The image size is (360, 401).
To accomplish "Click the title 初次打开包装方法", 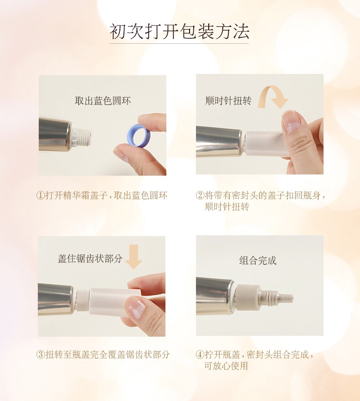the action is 180,31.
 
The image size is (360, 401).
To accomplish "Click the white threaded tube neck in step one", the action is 82,137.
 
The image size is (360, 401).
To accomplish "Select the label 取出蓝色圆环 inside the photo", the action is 103,101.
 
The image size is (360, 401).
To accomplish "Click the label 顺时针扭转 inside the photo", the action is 228,100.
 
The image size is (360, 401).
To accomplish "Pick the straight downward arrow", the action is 134,256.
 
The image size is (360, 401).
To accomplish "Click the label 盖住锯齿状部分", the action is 90,259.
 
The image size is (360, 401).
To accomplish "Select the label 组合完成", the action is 258,260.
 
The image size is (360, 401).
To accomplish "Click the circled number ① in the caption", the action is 41,195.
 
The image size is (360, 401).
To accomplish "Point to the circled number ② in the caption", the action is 200,195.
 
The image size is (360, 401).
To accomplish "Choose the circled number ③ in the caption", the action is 41,354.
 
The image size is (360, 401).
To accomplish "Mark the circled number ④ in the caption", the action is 200,354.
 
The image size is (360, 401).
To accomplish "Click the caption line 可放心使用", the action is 226,366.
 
